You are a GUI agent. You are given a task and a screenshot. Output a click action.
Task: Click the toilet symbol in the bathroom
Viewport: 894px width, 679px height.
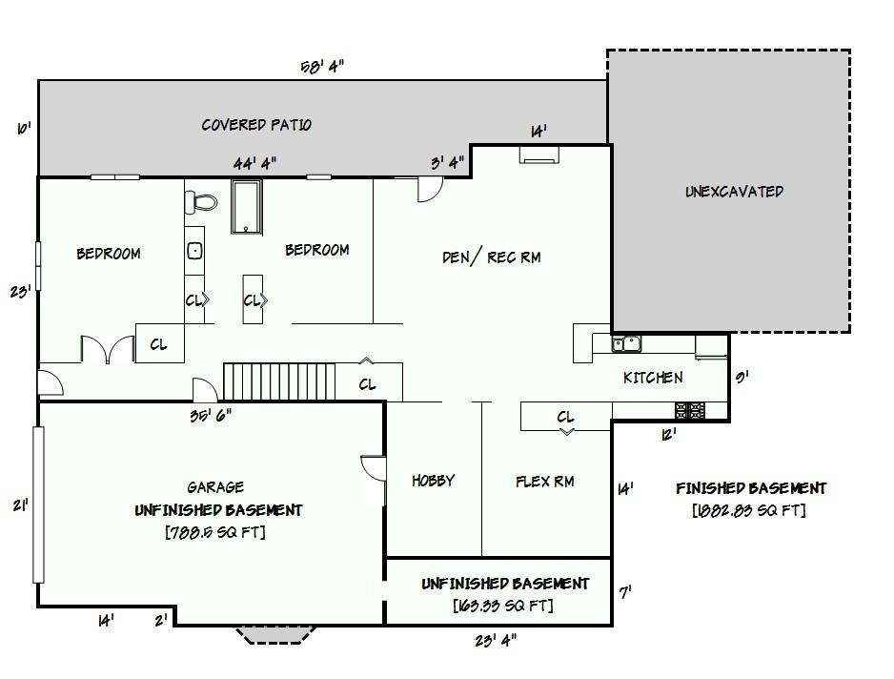click(x=201, y=202)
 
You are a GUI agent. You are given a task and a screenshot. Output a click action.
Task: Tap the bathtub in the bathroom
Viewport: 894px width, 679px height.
click(x=246, y=207)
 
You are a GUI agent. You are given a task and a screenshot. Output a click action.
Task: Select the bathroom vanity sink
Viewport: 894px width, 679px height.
click(x=194, y=251)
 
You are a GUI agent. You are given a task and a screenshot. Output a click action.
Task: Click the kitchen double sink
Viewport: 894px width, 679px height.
click(x=626, y=343)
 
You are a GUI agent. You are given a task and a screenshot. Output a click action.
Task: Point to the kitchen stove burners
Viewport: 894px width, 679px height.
click(x=690, y=410)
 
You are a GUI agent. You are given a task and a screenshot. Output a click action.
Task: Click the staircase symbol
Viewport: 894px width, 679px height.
click(x=279, y=381)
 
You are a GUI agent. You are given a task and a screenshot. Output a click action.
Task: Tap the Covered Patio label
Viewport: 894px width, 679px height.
click(x=256, y=124)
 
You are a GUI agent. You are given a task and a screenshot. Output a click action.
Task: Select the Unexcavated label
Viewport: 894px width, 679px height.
click(x=734, y=191)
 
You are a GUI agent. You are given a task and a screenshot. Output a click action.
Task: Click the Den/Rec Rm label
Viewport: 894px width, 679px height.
click(x=492, y=257)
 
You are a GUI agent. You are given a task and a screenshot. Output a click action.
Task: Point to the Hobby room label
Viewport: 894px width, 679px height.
click(x=434, y=481)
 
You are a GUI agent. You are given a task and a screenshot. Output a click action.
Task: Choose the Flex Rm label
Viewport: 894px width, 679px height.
click(x=544, y=482)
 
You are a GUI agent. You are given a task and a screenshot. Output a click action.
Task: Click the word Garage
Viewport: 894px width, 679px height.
click(x=215, y=486)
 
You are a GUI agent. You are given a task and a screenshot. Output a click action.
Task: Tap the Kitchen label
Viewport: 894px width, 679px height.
click(x=653, y=377)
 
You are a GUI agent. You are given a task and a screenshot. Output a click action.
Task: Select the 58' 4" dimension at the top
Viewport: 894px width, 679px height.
click(x=322, y=67)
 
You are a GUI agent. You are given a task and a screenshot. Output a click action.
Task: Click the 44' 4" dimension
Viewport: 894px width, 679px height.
click(x=254, y=163)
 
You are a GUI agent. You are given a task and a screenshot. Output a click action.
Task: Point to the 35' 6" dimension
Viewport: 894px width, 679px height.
click(x=211, y=416)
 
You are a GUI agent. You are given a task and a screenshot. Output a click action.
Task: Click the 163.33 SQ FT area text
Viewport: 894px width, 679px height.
click(x=503, y=605)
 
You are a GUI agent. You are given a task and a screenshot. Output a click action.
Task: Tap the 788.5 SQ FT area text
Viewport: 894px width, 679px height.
click(x=215, y=532)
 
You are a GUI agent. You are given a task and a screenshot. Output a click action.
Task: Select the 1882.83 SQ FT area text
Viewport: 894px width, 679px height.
click(x=749, y=509)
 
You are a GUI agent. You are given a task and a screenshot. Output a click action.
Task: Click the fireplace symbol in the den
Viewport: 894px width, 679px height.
click(x=538, y=155)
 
